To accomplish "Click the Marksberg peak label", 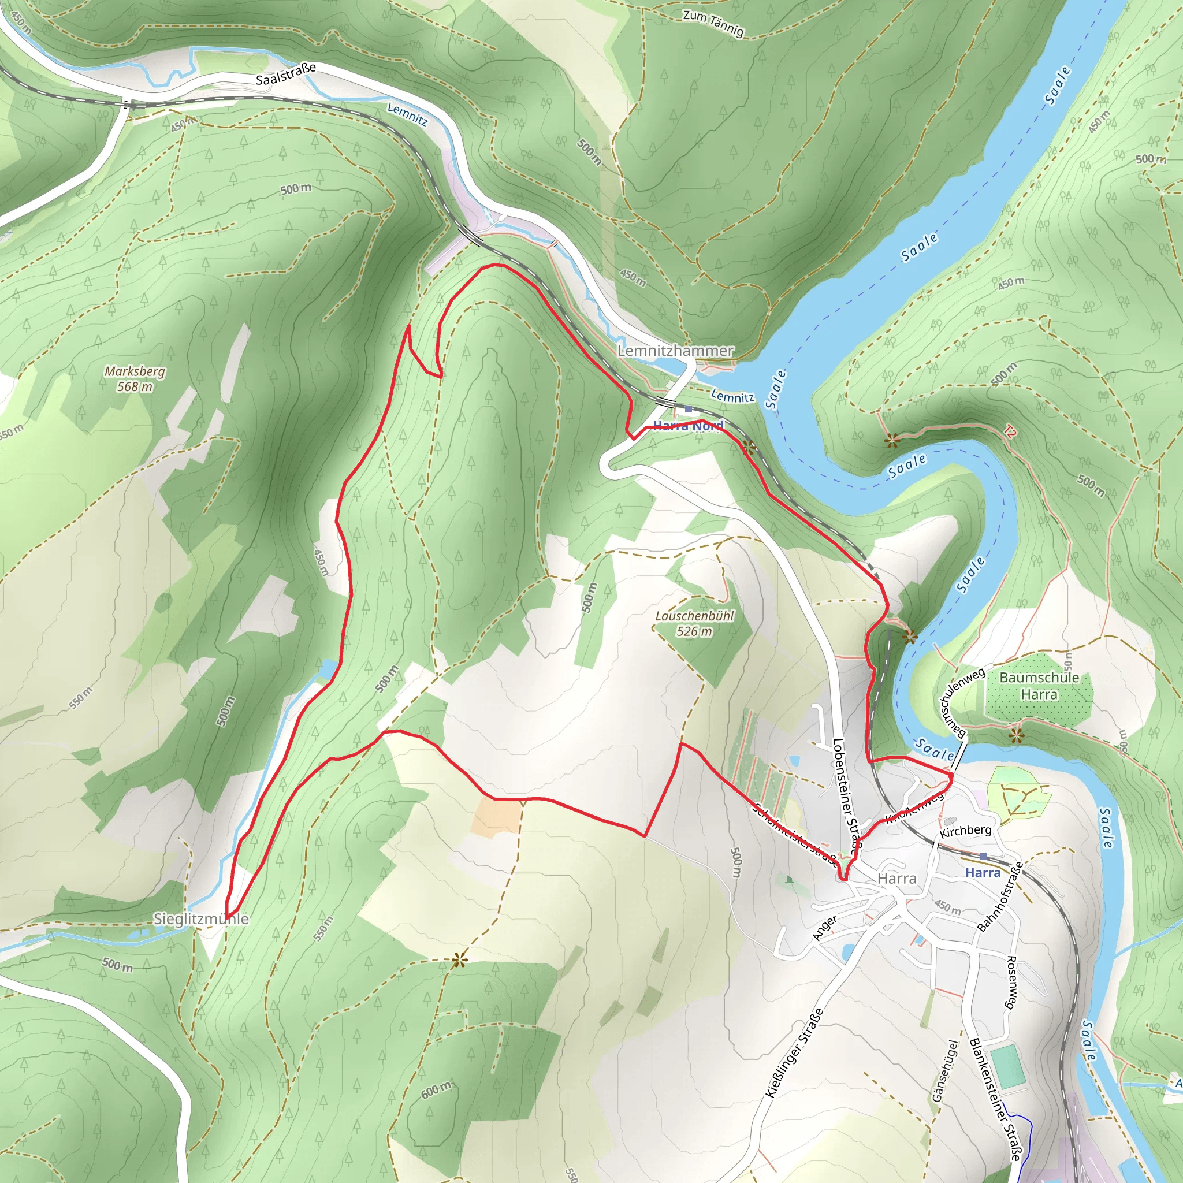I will tap(135, 378).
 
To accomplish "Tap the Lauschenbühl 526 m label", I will tap(694, 623).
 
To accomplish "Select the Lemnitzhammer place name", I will tap(675, 351).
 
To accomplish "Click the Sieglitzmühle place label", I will tap(201, 918).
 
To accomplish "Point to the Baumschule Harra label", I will tap(1039, 686).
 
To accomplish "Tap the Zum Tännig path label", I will tap(713, 23).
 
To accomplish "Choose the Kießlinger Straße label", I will tap(794, 1052).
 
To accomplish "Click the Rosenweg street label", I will tap(1011, 982).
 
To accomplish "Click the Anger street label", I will tap(825, 928).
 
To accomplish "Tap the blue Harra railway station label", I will tap(983, 873).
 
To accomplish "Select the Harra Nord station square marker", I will tap(688, 409).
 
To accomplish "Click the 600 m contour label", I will tap(436, 1089).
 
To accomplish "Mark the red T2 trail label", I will tap(1010, 433).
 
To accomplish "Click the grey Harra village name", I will tap(897, 879).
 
